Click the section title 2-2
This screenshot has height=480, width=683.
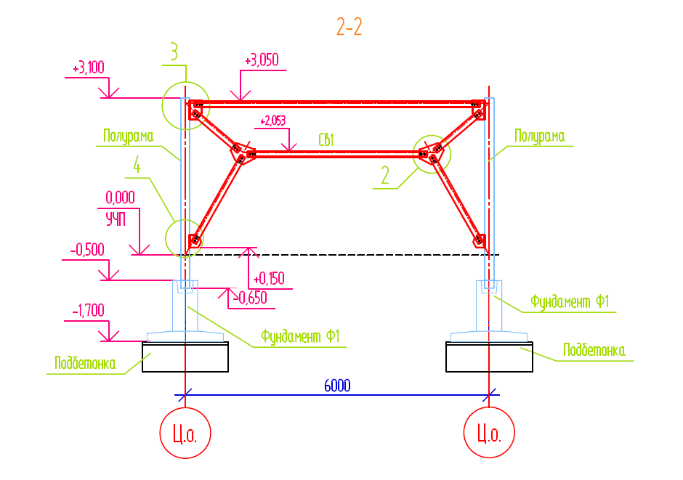click(x=349, y=27)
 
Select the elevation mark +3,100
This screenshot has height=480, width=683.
click(x=89, y=68)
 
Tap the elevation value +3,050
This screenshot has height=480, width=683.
click(x=262, y=60)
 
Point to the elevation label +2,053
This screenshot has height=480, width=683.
click(x=272, y=121)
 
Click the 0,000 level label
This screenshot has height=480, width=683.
click(x=120, y=198)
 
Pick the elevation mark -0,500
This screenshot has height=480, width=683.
click(x=87, y=250)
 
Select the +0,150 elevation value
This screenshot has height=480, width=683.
click(x=269, y=279)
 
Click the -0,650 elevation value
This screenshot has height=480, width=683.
click(x=250, y=298)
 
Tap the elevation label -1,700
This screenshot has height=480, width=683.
click(x=88, y=311)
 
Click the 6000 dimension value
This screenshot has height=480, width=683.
click(x=337, y=386)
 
